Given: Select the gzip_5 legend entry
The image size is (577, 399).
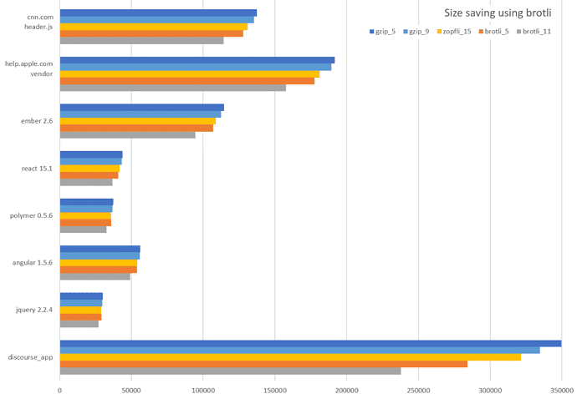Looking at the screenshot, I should [x=386, y=31].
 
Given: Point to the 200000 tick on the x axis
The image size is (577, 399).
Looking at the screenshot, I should [x=346, y=389].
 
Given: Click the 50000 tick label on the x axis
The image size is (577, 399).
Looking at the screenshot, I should [x=131, y=389].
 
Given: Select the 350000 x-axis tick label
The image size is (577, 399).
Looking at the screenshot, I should [x=561, y=389].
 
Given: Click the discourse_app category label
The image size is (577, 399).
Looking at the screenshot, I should [x=31, y=357].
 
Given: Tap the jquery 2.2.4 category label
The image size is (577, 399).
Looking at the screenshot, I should [x=34, y=310].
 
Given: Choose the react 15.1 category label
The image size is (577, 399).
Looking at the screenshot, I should [x=37, y=169].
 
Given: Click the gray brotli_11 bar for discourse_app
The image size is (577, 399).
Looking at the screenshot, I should [x=230, y=371].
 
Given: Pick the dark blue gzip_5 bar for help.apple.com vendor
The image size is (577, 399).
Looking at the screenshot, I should [x=197, y=60].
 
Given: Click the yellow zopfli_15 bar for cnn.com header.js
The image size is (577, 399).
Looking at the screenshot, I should [x=154, y=27].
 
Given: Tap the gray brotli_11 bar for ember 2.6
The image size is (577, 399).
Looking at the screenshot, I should [x=127, y=135].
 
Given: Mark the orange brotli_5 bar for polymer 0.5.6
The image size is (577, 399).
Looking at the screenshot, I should [x=85, y=223].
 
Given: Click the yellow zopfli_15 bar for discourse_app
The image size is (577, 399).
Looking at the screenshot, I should [x=290, y=356].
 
